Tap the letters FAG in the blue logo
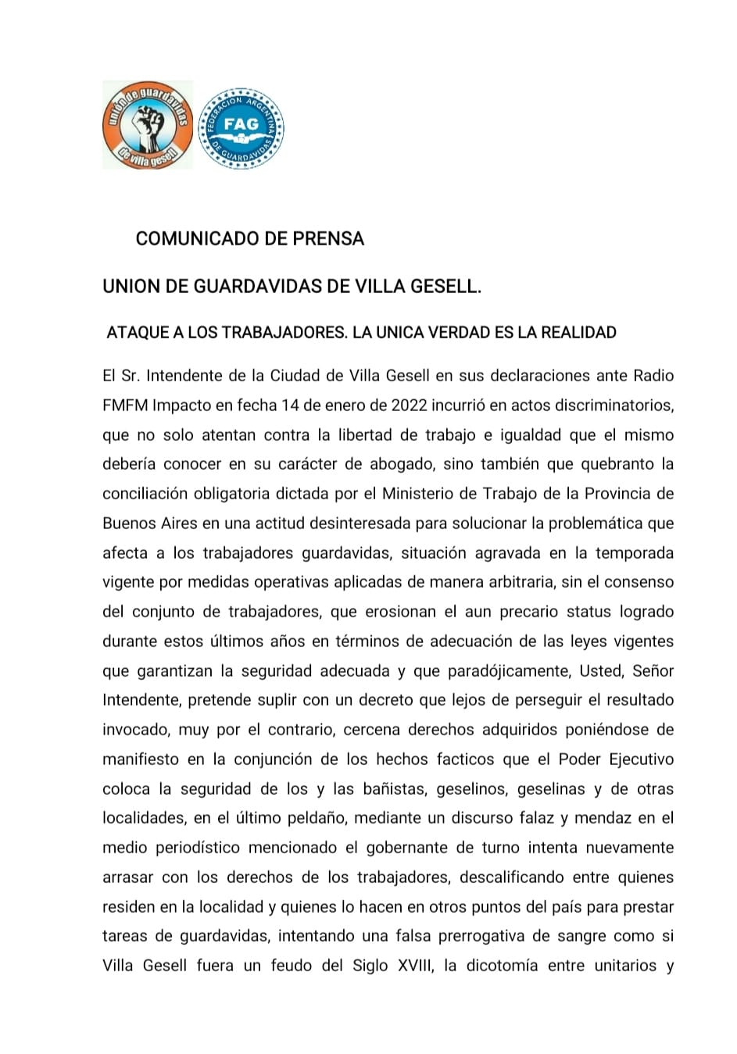click(x=241, y=123)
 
